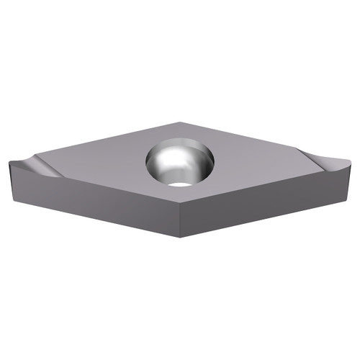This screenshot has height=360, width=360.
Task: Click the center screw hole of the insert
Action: click(180, 163)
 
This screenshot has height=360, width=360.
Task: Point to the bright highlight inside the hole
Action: click(167, 163)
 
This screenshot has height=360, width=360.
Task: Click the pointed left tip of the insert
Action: click(10, 164)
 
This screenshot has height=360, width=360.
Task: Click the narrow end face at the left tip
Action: click(13, 181)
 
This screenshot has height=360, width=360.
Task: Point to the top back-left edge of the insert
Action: click(108, 141)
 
